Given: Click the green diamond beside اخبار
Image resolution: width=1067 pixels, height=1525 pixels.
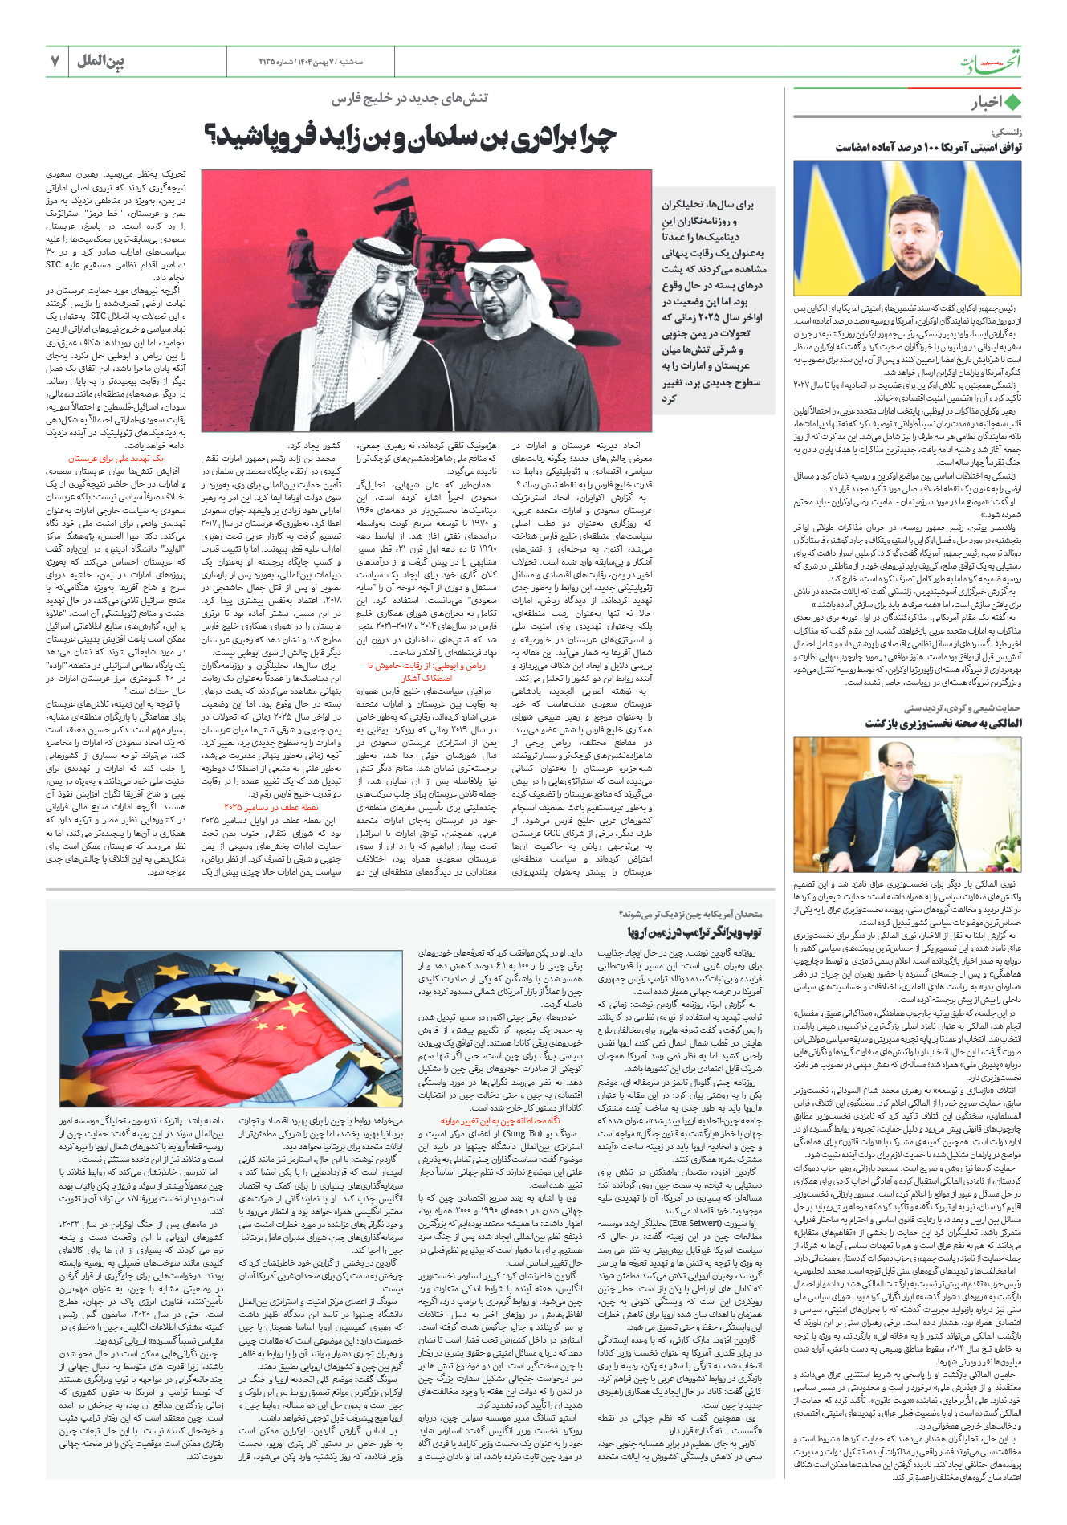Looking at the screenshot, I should coord(1012,103).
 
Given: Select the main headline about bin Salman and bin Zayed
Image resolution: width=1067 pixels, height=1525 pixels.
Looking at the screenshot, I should coord(410,137).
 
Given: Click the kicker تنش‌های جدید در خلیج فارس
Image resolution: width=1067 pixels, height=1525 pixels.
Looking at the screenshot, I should coord(410,98).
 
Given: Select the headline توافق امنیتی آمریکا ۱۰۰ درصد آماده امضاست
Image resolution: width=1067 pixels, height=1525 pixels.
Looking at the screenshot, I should coord(928,147).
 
